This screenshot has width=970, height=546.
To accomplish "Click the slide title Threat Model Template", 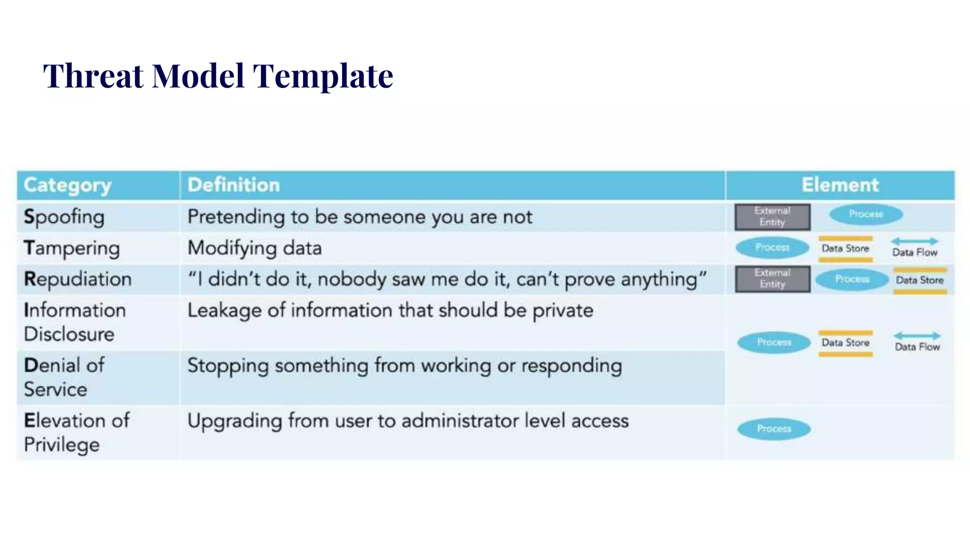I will (x=218, y=76).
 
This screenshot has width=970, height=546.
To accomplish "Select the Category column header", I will (x=68, y=185).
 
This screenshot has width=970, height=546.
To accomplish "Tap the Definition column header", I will (x=234, y=185).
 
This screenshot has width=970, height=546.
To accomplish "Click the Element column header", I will (x=840, y=185).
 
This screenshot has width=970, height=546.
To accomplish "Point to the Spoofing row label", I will (x=64, y=217).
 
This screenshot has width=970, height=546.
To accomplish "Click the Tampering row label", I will (x=72, y=248).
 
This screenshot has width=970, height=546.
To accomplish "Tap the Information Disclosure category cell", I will (x=75, y=322).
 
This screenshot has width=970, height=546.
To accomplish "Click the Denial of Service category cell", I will (x=64, y=377).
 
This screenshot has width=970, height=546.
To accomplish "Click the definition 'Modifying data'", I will (x=255, y=248).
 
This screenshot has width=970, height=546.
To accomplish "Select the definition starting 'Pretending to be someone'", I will (x=360, y=217).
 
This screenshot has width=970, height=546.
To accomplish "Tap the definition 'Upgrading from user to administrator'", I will (x=408, y=421).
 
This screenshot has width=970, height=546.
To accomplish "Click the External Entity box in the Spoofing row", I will (x=772, y=217).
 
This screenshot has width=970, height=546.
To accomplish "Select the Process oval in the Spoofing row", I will (x=866, y=214).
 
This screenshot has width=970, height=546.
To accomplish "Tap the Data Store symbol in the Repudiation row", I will (x=919, y=280).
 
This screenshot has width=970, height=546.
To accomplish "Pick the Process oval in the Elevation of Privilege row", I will (x=774, y=429).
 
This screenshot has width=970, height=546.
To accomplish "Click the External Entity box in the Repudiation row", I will (x=772, y=279).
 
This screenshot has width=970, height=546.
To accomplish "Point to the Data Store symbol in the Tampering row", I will (x=845, y=249).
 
